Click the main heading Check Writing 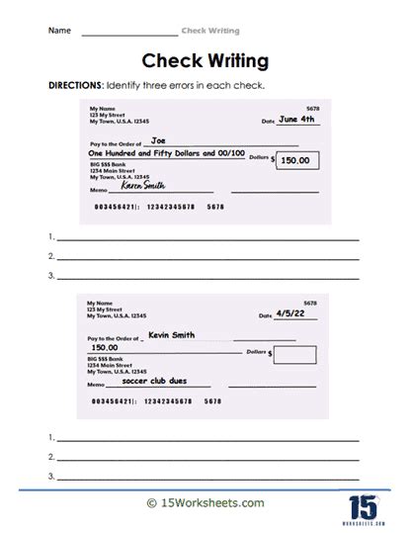[x=205, y=60]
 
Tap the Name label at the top [x=59, y=31]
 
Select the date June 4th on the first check [x=295, y=120]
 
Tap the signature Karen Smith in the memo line [x=144, y=185]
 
